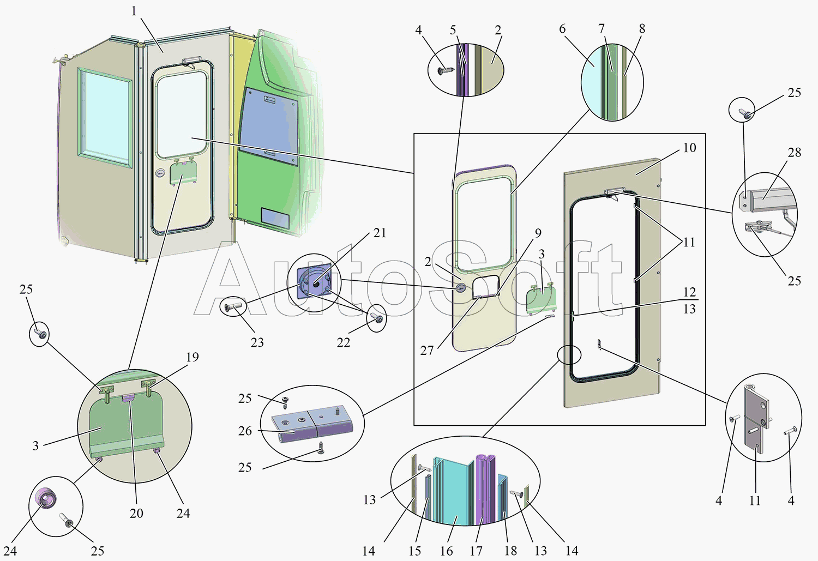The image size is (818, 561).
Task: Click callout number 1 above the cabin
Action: tap(134, 11)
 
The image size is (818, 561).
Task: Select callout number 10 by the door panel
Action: tap(689, 148)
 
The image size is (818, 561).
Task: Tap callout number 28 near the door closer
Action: tap(794, 153)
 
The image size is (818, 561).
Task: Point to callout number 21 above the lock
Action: tap(380, 233)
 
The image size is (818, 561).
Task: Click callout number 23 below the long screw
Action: tap(257, 342)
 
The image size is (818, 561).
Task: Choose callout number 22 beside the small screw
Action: tap(343, 342)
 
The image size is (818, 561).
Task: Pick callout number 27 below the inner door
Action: tap(426, 351)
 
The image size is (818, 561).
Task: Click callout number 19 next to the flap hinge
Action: tap(193, 357)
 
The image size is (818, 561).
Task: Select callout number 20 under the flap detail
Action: tap(136, 514)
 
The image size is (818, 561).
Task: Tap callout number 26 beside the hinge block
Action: tap(245, 431)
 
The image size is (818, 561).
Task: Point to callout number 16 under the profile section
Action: tap(446, 551)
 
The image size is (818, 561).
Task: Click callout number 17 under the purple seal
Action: tap(476, 551)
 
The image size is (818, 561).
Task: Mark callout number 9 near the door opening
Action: tap(538, 233)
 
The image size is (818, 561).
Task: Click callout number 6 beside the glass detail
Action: tap(562, 28)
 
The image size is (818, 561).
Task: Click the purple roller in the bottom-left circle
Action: tap(46, 498)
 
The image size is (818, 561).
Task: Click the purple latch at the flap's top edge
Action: tap(128, 398)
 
